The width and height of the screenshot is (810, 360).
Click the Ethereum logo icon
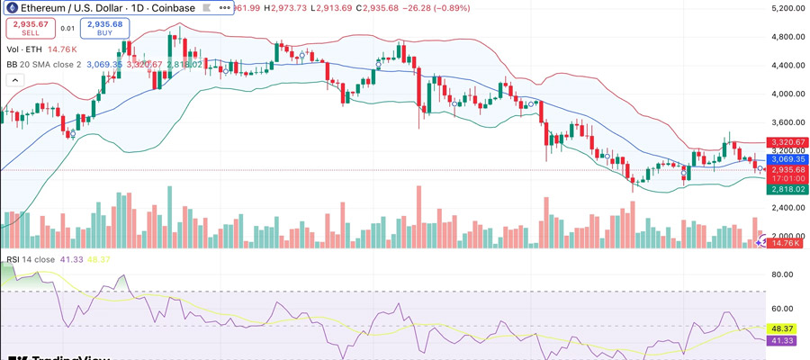coord(12,8)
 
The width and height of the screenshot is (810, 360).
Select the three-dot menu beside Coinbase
coord(224,8)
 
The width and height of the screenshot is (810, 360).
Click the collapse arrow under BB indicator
coord(14,79)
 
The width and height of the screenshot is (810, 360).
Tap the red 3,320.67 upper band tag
coord(786,142)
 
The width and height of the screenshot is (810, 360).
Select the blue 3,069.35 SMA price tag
coord(786,158)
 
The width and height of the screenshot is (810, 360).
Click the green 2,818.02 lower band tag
coord(786,189)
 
